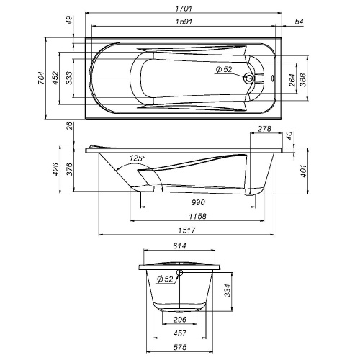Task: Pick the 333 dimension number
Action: [68, 78]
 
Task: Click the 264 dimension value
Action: [292, 79]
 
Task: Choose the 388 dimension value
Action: [304, 79]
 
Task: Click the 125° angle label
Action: [137, 158]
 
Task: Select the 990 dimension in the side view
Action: [190, 204]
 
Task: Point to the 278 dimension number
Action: [264, 130]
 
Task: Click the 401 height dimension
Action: [304, 171]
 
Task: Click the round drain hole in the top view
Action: [249, 79]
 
